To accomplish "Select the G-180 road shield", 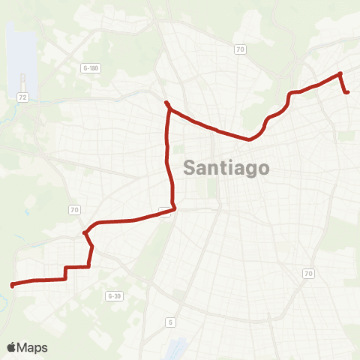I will point(90,68).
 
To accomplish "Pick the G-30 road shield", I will point(114,296).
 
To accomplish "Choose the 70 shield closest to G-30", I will point(74,209).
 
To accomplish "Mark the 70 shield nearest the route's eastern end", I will point(240,49).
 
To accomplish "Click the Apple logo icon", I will point(13,347).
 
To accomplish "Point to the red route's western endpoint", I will point(12,285).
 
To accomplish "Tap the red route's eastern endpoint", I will point(348,92).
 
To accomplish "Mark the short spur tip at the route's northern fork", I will point(166,102).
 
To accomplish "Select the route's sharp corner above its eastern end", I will point(340,73).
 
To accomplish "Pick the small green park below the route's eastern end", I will point(346,136).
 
